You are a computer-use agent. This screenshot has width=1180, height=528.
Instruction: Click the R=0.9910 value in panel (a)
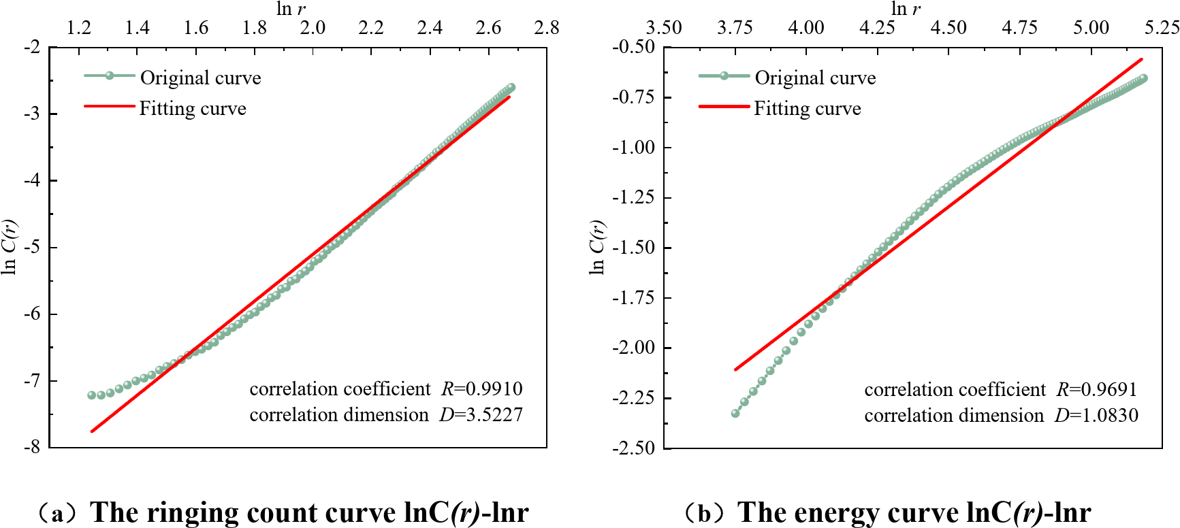482,389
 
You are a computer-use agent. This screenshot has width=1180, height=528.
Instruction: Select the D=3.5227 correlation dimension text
481,414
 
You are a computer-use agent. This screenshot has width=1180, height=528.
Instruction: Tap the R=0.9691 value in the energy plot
1097,389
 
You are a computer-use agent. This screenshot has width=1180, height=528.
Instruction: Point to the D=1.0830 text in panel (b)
1096,415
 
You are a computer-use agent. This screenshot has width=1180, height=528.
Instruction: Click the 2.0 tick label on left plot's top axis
313,27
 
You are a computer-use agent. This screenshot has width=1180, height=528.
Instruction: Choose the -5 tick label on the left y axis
32,247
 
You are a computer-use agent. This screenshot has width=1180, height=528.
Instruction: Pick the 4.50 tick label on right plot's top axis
948,27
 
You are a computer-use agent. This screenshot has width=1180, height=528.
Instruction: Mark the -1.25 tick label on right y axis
633,197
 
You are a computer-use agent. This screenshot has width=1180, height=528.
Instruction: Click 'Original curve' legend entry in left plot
200,78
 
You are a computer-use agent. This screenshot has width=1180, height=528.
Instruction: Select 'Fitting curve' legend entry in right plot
807,108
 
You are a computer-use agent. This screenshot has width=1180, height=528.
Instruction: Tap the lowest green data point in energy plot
735,413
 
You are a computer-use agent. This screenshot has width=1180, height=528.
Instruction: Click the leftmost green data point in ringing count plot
92,395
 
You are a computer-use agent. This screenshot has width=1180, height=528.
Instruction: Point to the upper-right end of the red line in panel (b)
1141,60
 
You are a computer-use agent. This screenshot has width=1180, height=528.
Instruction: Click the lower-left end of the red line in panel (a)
92,431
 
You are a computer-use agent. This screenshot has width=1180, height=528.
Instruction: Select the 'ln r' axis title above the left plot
291,9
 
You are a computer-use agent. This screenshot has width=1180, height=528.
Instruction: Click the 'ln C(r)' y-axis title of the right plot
597,247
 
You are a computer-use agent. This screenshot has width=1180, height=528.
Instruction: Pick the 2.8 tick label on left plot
546,27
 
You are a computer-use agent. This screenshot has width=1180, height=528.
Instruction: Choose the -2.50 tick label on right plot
633,448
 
